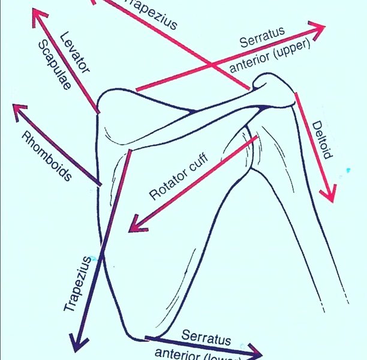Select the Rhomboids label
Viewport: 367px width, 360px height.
(46, 155)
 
